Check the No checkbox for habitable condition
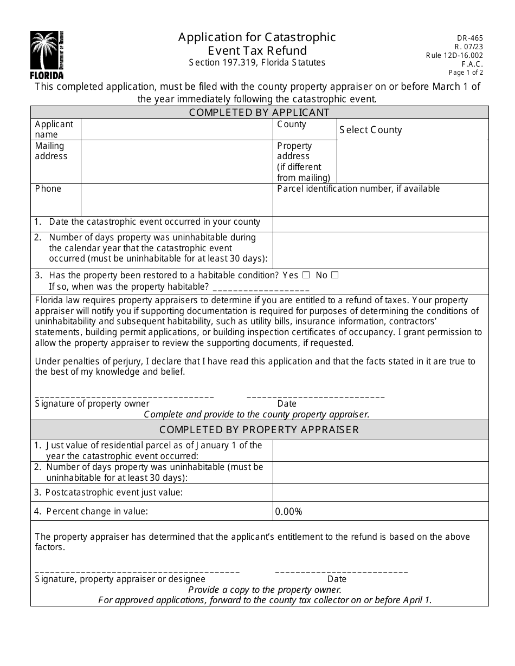tap(334, 275)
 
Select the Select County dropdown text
tap(371, 130)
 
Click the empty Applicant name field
tap(177, 129)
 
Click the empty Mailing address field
tap(177, 161)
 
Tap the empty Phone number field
tap(177, 199)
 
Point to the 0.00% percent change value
tap(289, 511)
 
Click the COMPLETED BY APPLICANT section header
tap(259, 113)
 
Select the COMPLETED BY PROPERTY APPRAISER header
tap(259, 430)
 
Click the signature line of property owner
tap(124, 396)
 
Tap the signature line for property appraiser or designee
tap(137, 572)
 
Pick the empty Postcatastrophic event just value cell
tap(380, 492)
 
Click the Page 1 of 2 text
tap(466, 73)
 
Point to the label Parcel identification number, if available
tap(358, 189)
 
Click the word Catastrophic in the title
tap(300, 37)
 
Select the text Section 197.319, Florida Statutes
tap(257, 63)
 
